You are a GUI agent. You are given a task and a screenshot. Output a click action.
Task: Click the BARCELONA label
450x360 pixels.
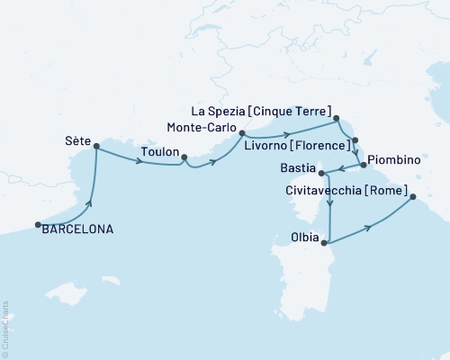[76, 229]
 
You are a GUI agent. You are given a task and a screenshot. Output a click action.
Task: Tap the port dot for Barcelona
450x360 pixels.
[38, 225]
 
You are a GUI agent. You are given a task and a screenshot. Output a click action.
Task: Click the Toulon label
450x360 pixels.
[159, 152]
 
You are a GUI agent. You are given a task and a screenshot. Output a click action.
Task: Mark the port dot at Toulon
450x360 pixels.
[184, 158]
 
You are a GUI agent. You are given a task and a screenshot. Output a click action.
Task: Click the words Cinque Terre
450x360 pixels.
[296, 111]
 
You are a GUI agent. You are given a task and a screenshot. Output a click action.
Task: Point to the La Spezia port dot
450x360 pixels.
[337, 118]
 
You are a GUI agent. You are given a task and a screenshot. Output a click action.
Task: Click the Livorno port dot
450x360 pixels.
[355, 140]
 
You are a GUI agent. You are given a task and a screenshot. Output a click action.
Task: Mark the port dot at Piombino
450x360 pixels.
[363, 165]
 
